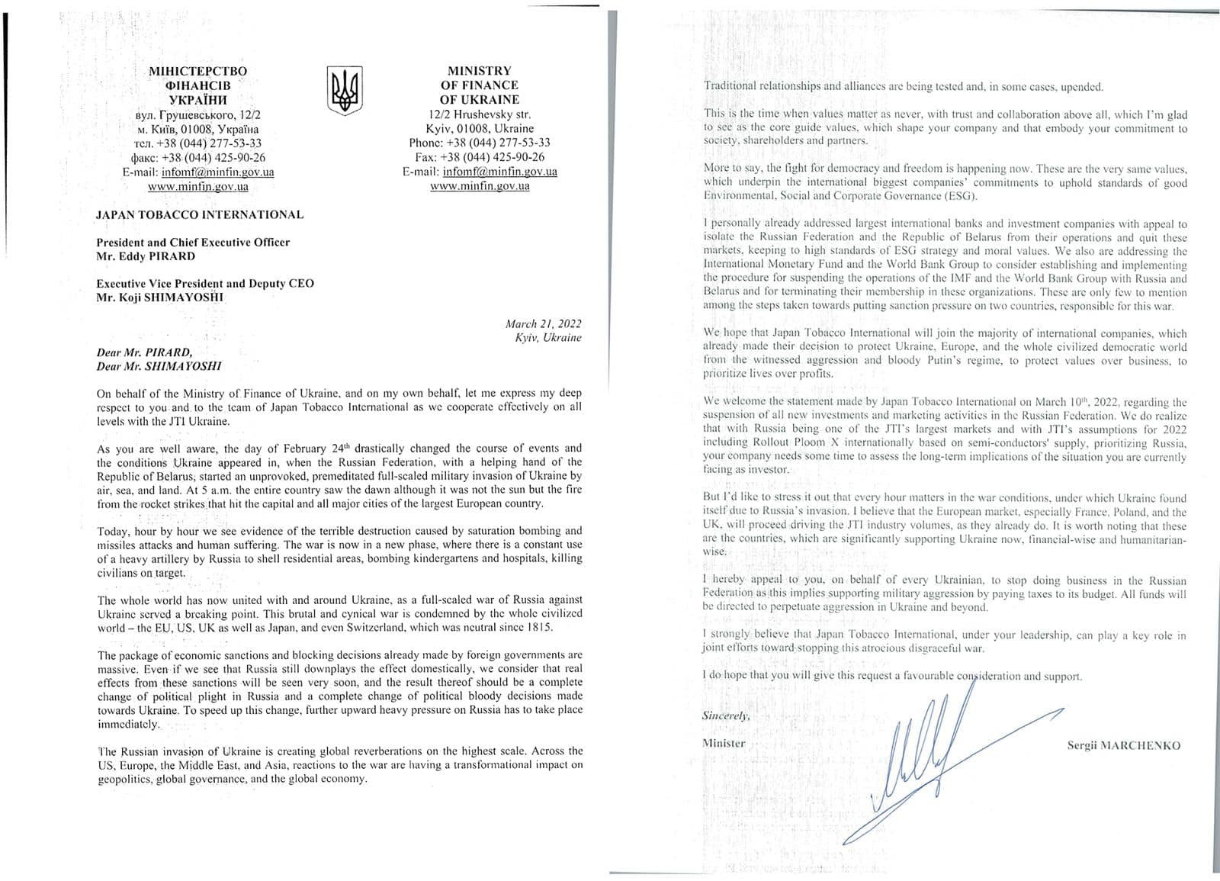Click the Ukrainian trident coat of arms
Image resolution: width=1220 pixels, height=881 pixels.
[344, 90]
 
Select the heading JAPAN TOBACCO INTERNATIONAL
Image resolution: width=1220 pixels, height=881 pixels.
[199, 215]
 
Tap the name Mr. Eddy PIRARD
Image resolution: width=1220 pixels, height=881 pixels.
[145, 256]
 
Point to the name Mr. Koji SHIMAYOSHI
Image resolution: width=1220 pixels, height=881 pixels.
[160, 297]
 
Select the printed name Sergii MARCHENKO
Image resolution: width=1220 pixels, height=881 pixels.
[1123, 745]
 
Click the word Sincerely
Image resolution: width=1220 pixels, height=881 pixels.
[725, 716]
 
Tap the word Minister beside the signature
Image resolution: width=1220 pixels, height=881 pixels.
[724, 743]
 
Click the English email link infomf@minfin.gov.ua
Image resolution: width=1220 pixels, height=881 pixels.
[499, 172]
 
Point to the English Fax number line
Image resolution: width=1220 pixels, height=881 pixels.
[480, 157]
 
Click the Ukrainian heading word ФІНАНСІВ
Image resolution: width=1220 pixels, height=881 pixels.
[197, 85]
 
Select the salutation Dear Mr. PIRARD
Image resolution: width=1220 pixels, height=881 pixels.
[144, 352]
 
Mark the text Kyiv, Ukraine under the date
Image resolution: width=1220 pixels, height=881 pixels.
[547, 338]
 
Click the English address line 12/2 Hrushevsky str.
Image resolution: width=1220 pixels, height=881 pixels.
[480, 114]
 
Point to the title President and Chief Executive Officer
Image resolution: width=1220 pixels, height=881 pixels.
[193, 243]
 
